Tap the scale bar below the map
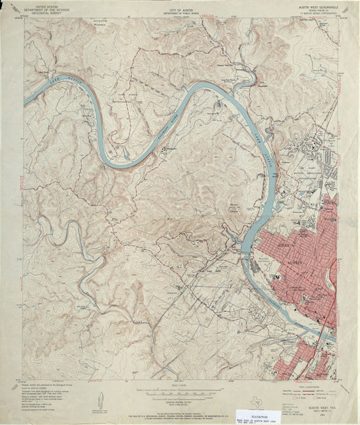coord(179,386)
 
